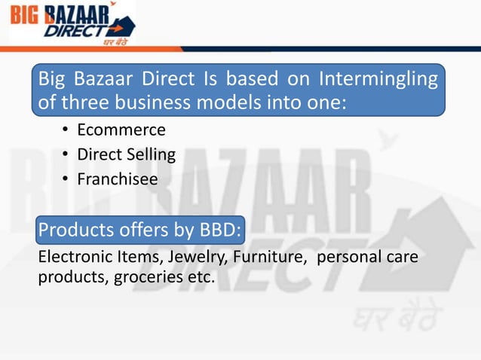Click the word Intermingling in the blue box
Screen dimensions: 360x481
click(x=378, y=79)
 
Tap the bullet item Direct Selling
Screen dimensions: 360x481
click(x=127, y=155)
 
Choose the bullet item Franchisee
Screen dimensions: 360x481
click(x=118, y=179)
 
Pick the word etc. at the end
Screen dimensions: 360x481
click(x=201, y=278)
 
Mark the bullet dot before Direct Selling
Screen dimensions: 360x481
click(x=66, y=155)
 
